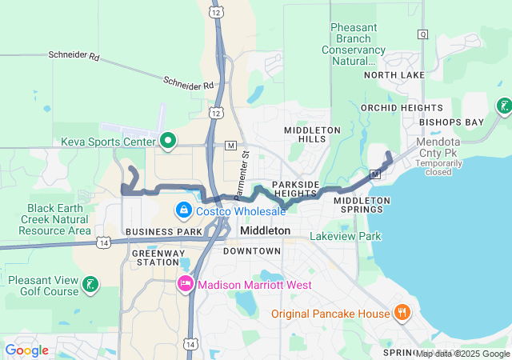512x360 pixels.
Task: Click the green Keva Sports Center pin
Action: [x=168, y=142]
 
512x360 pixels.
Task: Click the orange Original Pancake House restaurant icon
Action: [x=402, y=313]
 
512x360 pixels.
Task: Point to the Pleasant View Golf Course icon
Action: [x=91, y=284]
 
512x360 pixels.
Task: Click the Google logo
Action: [x=27, y=350]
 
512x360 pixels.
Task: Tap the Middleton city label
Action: [x=265, y=230]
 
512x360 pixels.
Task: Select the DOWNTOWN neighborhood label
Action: [x=252, y=251]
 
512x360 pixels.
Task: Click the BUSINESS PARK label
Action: [x=153, y=231]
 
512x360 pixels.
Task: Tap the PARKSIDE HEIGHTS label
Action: [x=296, y=190]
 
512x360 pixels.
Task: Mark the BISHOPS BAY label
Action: [x=456, y=122]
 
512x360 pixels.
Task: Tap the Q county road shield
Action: [x=422, y=34]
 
